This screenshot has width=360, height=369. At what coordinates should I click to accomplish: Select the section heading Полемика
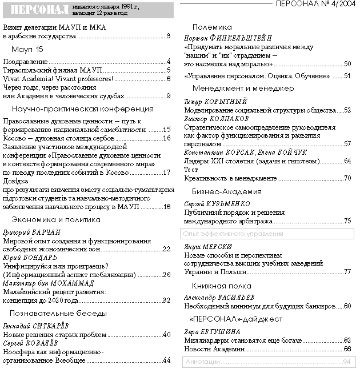tap(212, 27)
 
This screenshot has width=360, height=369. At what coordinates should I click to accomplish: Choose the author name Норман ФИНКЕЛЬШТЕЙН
tap(228, 37)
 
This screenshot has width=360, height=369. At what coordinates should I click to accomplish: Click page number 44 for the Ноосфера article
tap(167, 360)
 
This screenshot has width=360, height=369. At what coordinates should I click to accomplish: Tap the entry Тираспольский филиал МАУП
tap(48, 70)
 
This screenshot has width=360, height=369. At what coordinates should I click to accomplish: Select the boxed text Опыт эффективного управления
tap(234, 234)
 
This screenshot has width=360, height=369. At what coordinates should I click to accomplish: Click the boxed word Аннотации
tap(203, 362)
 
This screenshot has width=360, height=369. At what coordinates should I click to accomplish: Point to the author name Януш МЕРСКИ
tap(208, 246)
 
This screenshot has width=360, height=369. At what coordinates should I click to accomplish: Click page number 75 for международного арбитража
tap(347, 220)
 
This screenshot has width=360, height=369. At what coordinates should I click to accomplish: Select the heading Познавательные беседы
tap(59, 313)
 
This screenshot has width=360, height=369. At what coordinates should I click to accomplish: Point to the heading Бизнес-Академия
tap(227, 191)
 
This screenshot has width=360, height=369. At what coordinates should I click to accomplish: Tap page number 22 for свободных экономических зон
tap(167, 249)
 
